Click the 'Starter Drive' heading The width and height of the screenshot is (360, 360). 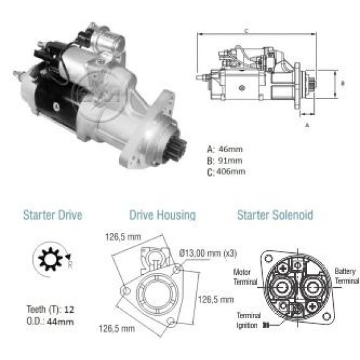tap(53, 216)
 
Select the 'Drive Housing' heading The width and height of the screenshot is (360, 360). tap(163, 216)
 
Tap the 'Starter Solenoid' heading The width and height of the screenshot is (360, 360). tap(275, 216)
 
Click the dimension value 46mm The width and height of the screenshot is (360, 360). tap(230, 149)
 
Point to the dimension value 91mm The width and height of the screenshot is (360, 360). tap(230, 160)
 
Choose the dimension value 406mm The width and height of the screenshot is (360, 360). tap(231, 171)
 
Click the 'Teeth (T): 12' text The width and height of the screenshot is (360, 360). tap(50, 310)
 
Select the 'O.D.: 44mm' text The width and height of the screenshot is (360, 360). tap(50, 321)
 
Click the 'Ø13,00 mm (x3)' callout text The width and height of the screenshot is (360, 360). tap(208, 253)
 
